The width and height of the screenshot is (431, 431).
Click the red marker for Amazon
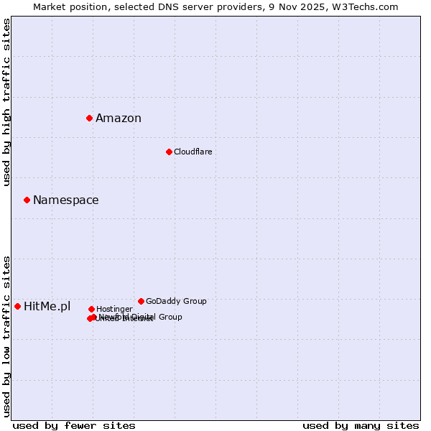[x=89, y=118]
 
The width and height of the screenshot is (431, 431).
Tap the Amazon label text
[x=119, y=119]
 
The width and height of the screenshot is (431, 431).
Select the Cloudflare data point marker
[x=169, y=152]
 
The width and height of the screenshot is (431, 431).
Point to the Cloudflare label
[x=193, y=152]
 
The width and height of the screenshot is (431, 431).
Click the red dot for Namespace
[x=27, y=200]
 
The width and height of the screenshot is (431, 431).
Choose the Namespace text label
[x=66, y=200]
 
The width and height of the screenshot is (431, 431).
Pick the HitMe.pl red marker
[x=17, y=306]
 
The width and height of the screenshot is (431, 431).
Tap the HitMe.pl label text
[x=47, y=307]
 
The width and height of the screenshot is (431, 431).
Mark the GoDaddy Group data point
[x=141, y=301]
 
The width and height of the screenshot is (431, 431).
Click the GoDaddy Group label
[x=176, y=302]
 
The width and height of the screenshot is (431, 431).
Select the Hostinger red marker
[x=91, y=309]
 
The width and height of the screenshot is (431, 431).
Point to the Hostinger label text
[x=115, y=310]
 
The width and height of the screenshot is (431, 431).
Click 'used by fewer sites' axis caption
[x=74, y=426]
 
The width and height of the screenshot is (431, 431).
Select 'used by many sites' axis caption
[x=361, y=426]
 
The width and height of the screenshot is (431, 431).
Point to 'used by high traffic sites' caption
[x=7, y=102]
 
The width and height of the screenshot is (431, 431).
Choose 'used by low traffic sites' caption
[x=7, y=335]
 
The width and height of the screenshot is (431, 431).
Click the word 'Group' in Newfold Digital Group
[x=170, y=317]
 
